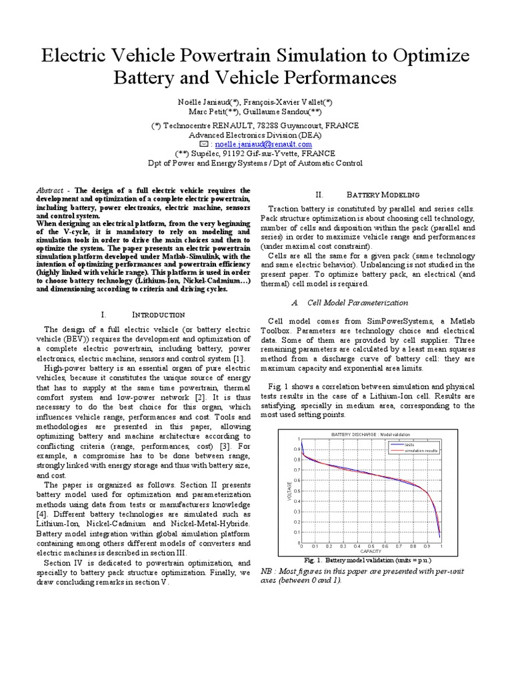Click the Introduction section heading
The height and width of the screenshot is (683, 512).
[153, 314]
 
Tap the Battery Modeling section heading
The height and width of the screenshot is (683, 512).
[383, 195]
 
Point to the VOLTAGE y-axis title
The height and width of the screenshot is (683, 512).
[289, 492]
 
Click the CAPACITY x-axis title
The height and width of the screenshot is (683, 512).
[371, 552]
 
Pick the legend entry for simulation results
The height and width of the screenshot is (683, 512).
[419, 451]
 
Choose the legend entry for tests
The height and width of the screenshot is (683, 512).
[411, 445]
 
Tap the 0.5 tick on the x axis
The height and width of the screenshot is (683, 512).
[371, 545]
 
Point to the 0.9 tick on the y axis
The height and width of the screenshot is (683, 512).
[297, 449]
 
